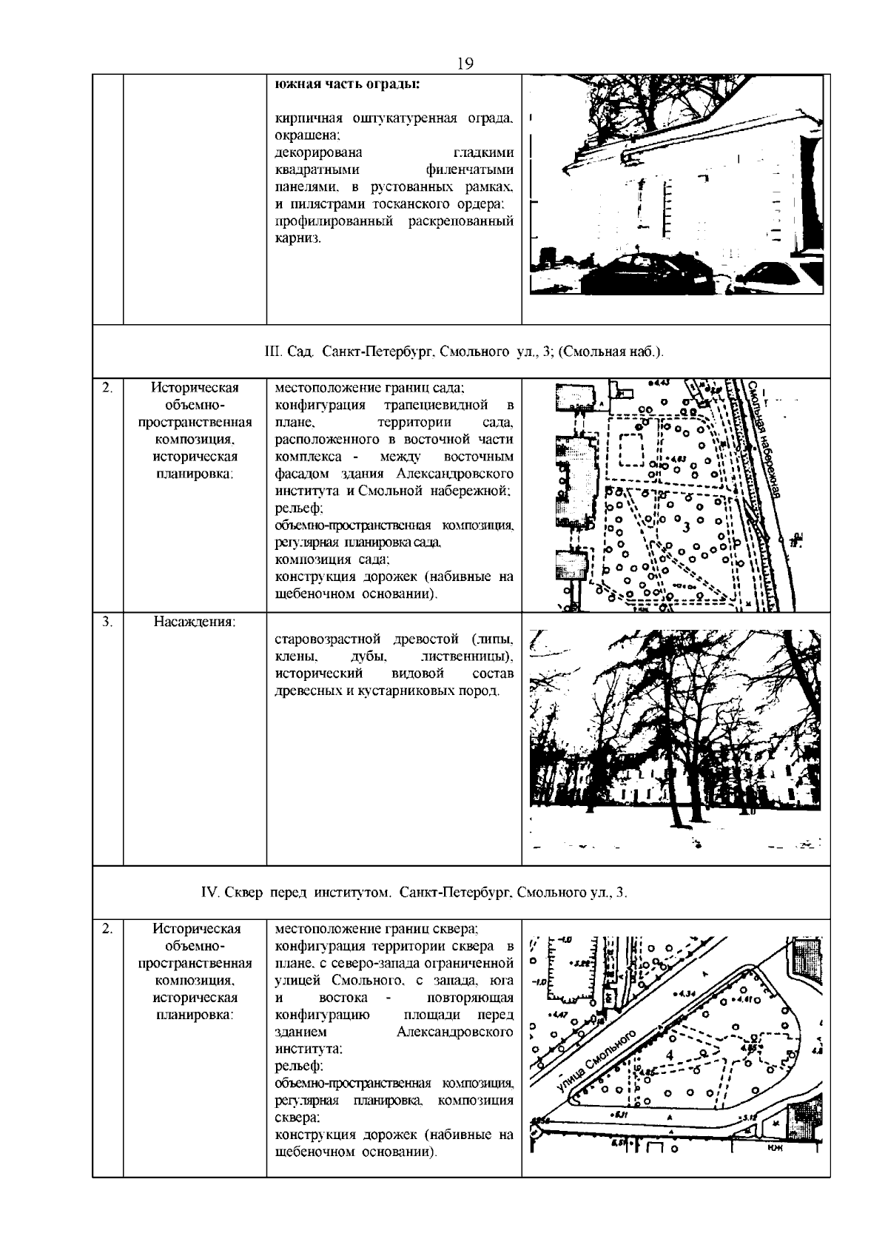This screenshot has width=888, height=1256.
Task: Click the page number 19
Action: [465, 64]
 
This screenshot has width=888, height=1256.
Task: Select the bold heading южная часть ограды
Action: [347, 83]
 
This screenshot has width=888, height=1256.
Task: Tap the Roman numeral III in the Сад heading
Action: [272, 352]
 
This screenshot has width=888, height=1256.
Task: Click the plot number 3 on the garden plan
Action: [687, 527]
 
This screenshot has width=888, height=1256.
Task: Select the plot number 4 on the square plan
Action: [670, 1054]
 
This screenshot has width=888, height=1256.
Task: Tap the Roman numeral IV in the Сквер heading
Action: [208, 893]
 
